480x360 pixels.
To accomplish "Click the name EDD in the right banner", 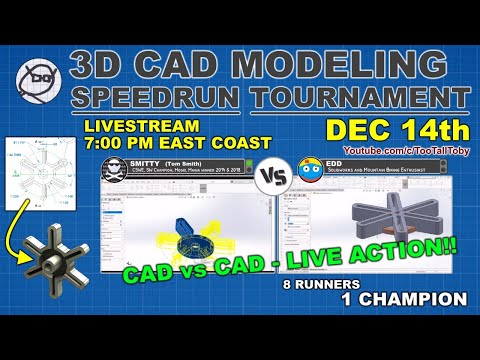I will (333, 162).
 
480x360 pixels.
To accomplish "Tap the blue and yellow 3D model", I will (190, 225).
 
